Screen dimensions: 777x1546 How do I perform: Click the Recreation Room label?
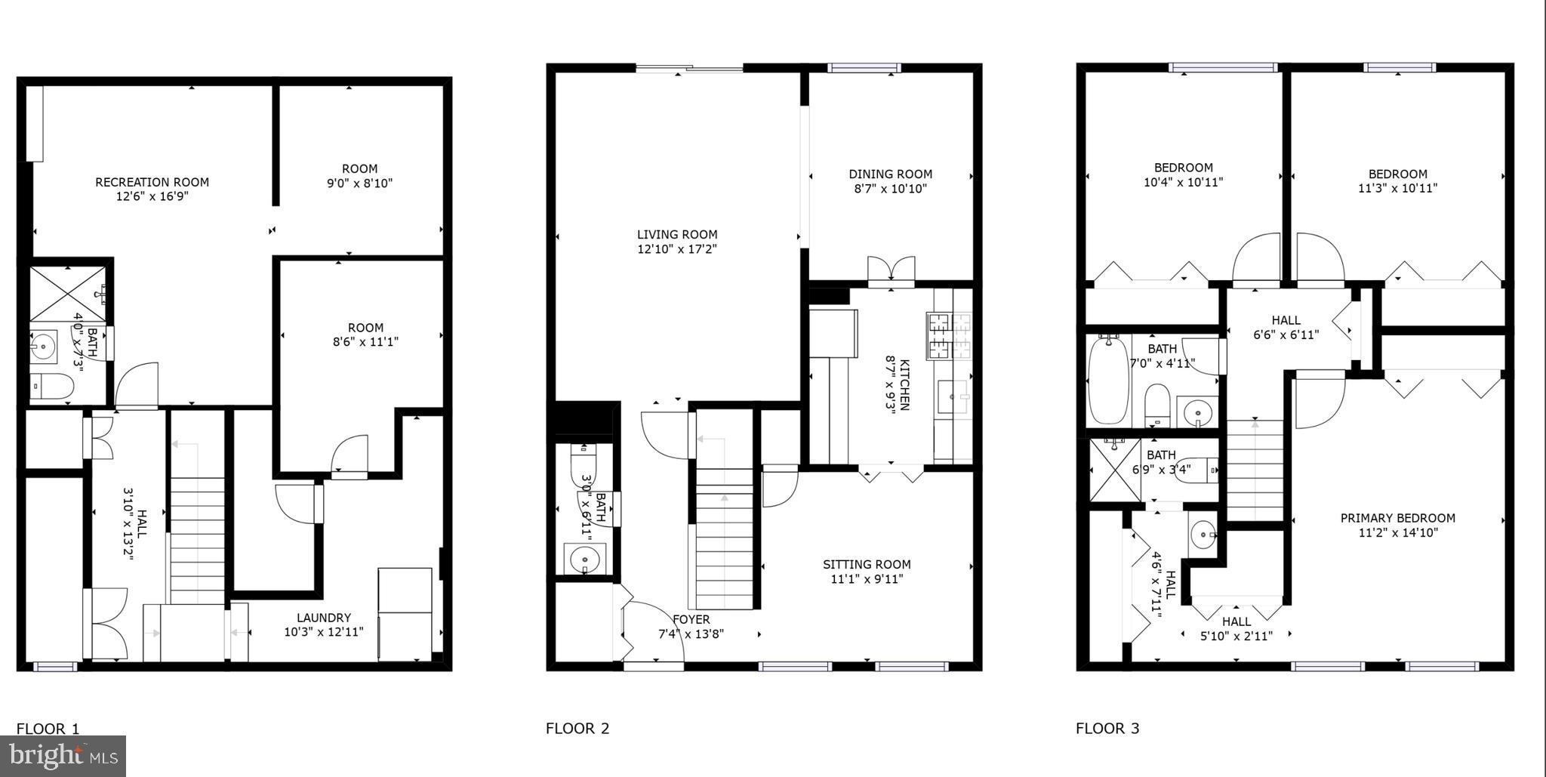click(152, 182)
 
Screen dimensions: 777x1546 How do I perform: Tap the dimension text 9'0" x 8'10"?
click(359, 183)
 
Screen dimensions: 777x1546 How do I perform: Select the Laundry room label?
click(323, 617)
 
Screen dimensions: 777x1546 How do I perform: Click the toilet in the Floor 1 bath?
click(54, 387)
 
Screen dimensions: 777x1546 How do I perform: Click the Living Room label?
click(676, 234)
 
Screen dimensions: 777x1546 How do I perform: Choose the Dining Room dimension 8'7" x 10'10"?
click(890, 189)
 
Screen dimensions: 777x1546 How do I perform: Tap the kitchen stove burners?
click(950, 336)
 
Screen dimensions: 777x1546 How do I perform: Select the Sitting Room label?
click(867, 564)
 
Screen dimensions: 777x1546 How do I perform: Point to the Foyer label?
click(691, 620)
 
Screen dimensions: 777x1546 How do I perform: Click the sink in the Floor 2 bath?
click(584, 560)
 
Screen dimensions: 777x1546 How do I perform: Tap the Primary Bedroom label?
click(1397, 518)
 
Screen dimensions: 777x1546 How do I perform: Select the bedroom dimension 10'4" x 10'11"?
click(1183, 182)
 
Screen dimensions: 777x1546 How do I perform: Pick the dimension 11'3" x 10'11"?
click(1397, 188)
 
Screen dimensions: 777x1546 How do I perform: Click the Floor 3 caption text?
click(1107, 729)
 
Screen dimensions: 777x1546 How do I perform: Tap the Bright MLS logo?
click(63, 755)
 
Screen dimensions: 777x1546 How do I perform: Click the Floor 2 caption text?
click(577, 729)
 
